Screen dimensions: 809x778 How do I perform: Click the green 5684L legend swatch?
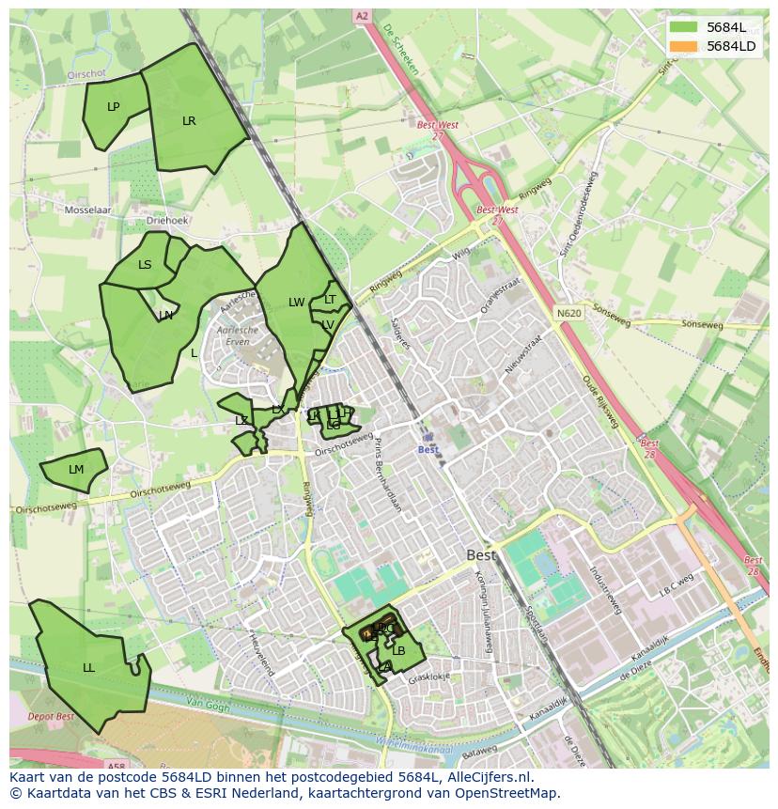[684, 27]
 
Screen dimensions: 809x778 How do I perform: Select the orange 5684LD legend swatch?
[684, 46]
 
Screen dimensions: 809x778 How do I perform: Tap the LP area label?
[114, 107]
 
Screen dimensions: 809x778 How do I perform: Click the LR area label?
[189, 121]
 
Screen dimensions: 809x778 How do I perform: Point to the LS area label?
[145, 265]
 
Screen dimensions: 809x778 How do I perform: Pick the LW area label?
[296, 303]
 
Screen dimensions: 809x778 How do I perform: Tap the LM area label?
[76, 470]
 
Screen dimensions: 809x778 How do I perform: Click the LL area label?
[88, 668]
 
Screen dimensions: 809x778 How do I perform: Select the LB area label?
[398, 650]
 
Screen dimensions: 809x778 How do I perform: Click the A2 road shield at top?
[361, 16]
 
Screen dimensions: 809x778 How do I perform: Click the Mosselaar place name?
[87, 210]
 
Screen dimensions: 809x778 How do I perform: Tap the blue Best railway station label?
[428, 450]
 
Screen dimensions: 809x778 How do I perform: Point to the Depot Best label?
[52, 717]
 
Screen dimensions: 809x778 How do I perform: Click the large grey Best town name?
[482, 555]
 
